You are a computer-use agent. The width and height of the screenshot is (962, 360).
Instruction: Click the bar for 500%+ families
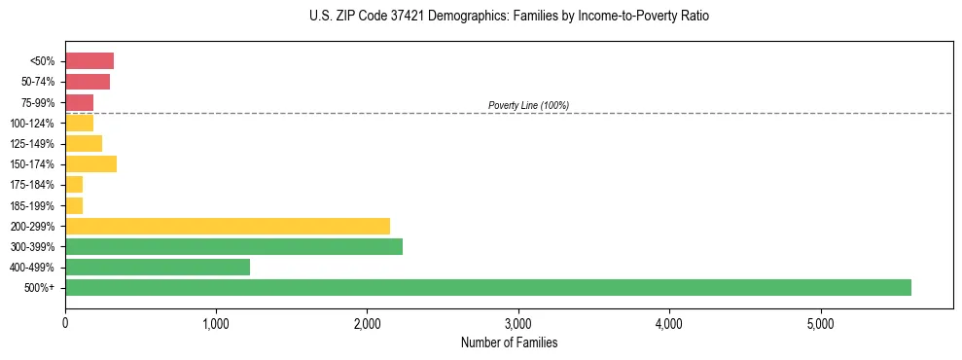point(487,287)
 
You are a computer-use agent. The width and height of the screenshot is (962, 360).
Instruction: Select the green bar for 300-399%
point(233,246)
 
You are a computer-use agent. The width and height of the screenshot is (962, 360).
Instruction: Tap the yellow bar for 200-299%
point(227,226)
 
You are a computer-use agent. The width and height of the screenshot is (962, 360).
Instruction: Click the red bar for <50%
point(89,61)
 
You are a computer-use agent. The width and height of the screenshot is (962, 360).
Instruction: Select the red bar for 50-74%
point(88,82)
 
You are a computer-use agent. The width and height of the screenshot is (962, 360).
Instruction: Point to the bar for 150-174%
point(90,163)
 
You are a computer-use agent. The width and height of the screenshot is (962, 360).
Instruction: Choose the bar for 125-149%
point(84,143)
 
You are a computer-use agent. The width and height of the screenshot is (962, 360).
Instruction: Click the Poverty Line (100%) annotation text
point(528,105)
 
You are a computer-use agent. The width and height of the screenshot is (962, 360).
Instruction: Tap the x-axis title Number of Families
point(509,342)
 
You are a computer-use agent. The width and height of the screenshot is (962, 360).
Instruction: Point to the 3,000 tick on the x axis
point(518,323)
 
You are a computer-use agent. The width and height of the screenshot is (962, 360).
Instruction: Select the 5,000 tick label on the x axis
point(820,323)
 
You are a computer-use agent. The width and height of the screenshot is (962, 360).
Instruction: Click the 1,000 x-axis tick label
point(216,323)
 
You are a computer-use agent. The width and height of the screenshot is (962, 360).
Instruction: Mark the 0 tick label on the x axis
point(65,323)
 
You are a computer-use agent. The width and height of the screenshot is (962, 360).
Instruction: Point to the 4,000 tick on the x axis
point(669,323)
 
